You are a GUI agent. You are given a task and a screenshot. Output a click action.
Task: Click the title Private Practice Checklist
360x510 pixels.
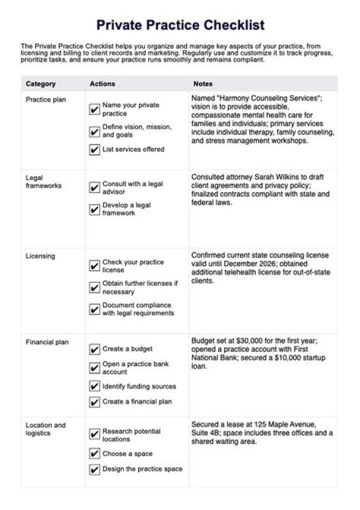coord(180,25)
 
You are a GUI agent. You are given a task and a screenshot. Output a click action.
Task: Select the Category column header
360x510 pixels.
coord(40,84)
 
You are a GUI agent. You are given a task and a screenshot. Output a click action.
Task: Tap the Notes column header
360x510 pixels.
coord(203,84)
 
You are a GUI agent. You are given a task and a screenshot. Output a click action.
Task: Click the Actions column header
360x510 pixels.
coord(102,84)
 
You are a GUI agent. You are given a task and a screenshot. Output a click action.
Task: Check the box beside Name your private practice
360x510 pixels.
coord(94,110)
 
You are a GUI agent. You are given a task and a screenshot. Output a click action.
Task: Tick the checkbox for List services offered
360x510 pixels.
coord(94,150)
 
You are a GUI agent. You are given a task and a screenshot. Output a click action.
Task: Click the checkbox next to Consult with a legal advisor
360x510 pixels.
coord(94,188)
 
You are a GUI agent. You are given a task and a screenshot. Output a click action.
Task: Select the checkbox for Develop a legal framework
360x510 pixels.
coord(94,209)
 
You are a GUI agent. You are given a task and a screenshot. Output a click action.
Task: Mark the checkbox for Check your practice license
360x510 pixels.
coord(94,266)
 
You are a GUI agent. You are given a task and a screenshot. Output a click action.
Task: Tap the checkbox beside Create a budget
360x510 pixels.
coord(94,349)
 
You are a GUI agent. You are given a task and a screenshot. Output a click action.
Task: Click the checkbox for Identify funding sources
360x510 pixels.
coord(94,386)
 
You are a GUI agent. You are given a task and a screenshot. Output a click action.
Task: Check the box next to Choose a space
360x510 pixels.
coord(94,454)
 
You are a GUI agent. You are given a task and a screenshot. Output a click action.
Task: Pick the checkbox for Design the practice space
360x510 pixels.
coord(94,469)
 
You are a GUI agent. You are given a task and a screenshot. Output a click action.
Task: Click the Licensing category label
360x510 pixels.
coord(40,256)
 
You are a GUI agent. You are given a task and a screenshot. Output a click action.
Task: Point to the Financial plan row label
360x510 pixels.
coord(47,342)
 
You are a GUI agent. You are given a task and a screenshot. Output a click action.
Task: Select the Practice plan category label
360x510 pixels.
coord(45,100)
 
